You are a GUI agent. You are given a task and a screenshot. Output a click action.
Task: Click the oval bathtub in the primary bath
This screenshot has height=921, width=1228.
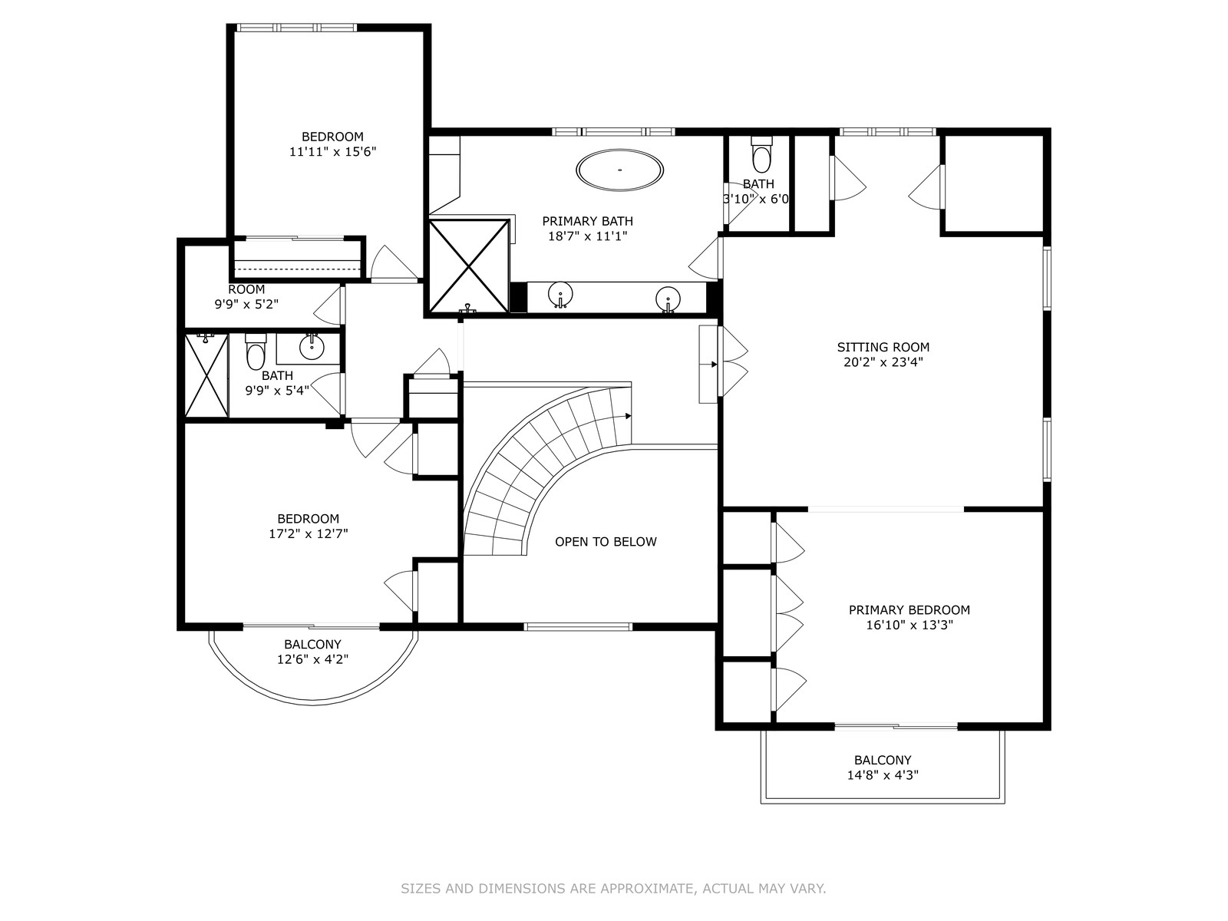[619, 170]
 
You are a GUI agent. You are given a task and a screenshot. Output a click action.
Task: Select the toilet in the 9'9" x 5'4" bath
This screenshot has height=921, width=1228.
[256, 351]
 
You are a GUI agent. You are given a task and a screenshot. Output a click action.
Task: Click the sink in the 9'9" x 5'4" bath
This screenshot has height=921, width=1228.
[312, 347]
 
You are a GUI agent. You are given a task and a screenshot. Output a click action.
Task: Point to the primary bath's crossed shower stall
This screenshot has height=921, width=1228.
[469, 266]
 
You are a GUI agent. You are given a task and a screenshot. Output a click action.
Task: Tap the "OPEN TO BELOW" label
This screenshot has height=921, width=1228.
[606, 541]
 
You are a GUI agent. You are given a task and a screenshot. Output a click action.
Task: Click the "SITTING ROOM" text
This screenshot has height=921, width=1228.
[883, 347]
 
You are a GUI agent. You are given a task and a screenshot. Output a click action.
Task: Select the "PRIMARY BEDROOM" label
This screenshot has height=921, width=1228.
[909, 609]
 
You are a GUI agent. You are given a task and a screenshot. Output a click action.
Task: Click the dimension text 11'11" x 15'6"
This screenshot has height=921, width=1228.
[332, 151]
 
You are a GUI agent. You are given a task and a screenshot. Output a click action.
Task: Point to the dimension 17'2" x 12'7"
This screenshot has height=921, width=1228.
[309, 533]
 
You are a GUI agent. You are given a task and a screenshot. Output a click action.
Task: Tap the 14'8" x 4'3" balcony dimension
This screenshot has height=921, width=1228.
[883, 775]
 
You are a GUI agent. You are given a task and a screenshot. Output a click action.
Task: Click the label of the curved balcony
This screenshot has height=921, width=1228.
[312, 644]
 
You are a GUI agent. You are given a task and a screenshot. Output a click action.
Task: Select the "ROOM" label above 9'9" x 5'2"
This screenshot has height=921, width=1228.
[246, 289]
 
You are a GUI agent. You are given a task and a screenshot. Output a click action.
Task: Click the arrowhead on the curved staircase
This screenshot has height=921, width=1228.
[629, 416]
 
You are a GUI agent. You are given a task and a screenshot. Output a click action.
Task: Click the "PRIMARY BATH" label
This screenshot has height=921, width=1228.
[587, 221]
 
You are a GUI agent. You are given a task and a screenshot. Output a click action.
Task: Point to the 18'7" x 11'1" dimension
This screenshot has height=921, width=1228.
[587, 236]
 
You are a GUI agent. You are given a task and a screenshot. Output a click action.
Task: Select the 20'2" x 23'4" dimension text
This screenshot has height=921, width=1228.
[883, 361]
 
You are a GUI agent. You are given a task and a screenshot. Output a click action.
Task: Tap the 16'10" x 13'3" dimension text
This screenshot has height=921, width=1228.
[909, 625]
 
